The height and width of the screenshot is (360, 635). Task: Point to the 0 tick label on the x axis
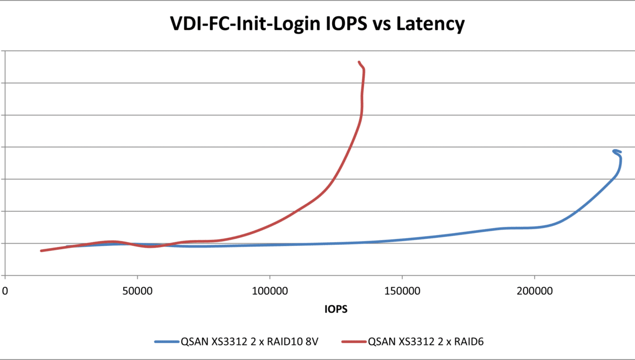coord(5,292)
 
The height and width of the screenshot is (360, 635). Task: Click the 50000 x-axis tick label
coord(137,292)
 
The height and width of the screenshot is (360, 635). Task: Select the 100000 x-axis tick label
coord(270,292)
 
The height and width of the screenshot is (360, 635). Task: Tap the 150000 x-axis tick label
coord(402,292)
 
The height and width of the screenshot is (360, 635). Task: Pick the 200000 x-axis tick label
coord(534,292)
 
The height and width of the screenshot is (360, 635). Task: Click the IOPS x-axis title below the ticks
coord(336,310)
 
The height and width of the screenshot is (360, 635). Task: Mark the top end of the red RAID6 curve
coord(359,62)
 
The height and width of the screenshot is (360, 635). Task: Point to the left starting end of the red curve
coord(41,250)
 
